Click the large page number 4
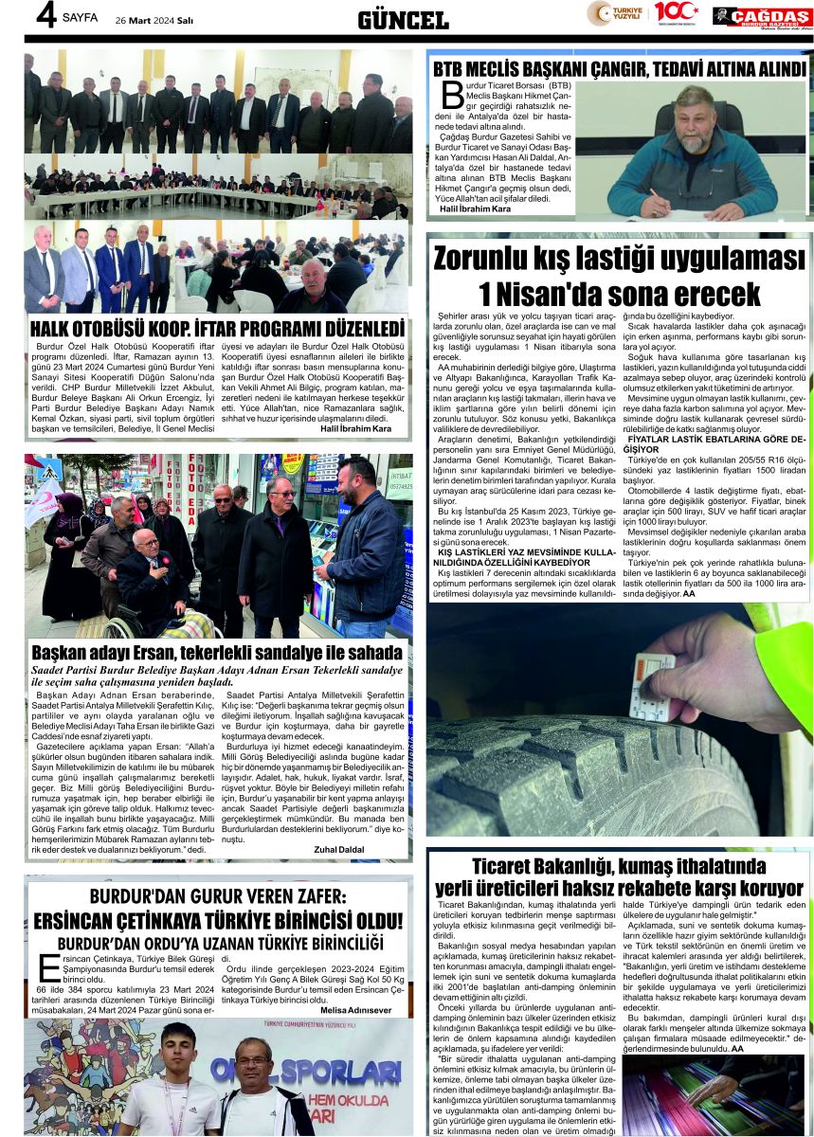tap(44, 16)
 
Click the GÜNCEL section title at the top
tap(403, 20)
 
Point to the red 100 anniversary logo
tap(676, 13)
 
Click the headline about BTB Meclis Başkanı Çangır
tap(619, 69)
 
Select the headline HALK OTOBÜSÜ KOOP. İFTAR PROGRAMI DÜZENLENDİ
tap(218, 329)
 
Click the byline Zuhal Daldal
tap(338, 850)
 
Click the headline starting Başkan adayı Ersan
tap(216, 653)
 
